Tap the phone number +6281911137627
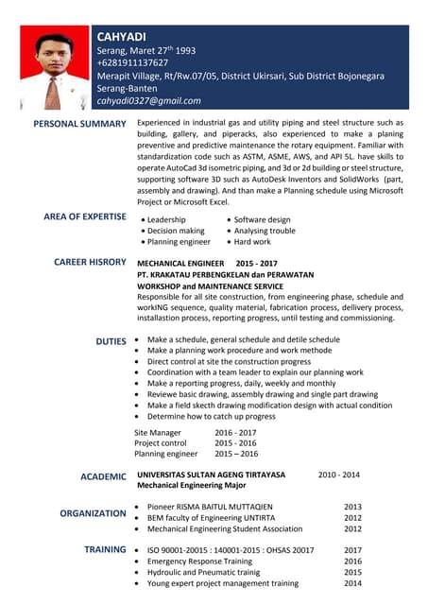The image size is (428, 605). click(x=132, y=62)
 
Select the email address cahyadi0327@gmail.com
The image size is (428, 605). click(x=149, y=100)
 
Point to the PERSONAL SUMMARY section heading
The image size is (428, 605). click(x=79, y=124)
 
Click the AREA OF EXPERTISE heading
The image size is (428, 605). click(x=84, y=217)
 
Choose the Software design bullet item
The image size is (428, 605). click(x=262, y=219)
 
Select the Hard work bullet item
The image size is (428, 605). click(x=252, y=242)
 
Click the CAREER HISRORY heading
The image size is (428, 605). click(x=90, y=262)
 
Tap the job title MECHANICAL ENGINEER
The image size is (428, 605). click(x=181, y=262)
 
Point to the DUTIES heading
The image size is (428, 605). click(x=111, y=340)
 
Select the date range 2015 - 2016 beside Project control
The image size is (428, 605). click(x=235, y=442)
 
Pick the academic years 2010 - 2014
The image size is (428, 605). click(x=338, y=474)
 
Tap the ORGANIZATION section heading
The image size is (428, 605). click(x=93, y=513)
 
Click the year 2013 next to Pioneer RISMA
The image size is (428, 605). click(x=352, y=507)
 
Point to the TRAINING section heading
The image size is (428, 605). click(x=105, y=549)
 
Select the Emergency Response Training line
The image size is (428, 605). click(x=199, y=561)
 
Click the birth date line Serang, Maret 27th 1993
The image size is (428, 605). click(x=146, y=50)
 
